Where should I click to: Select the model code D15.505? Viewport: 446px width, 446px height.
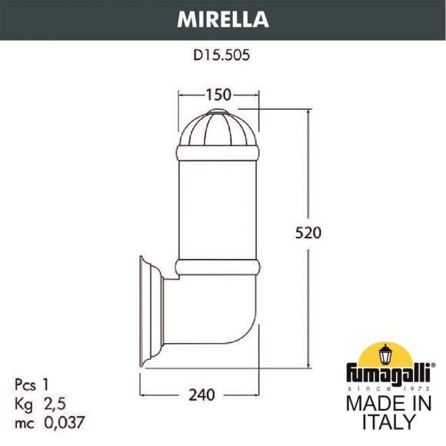tap(223, 55)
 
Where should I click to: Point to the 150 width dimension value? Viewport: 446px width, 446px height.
tap(218, 95)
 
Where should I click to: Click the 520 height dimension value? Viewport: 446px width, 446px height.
tap(308, 231)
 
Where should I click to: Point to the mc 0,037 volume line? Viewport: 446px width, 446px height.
tap(48, 422)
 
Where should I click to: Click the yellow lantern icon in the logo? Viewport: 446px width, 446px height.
tap(385, 354)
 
